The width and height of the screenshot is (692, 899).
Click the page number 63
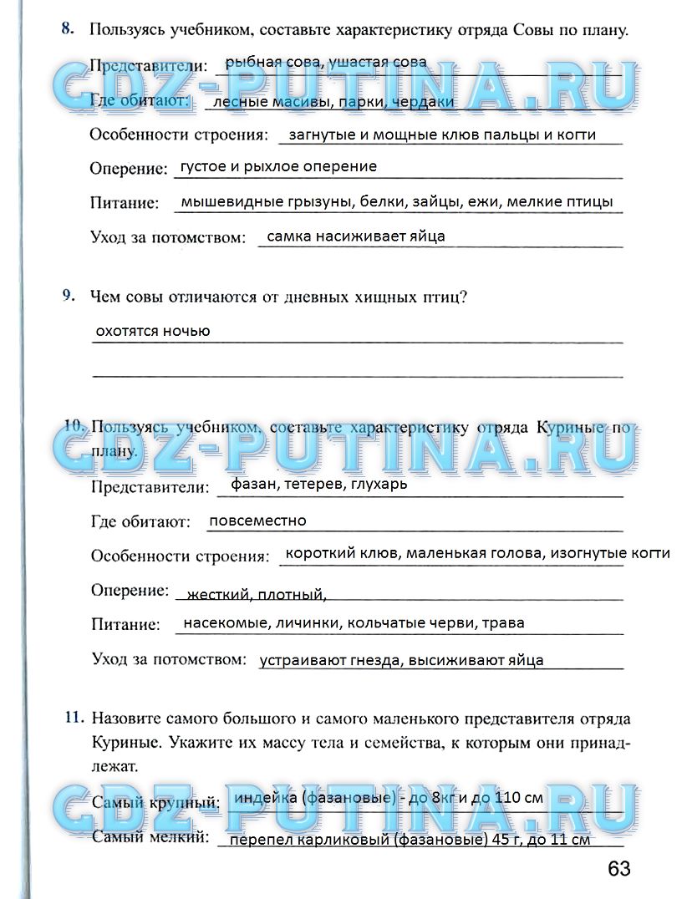click(619, 868)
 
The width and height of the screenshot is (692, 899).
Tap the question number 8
click(66, 29)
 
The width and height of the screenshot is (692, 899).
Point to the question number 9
click(69, 296)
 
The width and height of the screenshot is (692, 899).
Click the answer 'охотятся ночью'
click(153, 331)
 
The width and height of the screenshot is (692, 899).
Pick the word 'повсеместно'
click(257, 521)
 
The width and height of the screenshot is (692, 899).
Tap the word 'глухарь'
click(379, 484)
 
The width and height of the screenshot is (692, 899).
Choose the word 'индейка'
click(266, 798)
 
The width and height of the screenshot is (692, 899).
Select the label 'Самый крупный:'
click(155, 803)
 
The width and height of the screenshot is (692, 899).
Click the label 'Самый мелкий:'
click(150, 836)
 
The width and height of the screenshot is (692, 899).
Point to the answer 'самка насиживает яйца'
click(356, 236)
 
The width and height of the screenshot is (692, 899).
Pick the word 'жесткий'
click(219, 595)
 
